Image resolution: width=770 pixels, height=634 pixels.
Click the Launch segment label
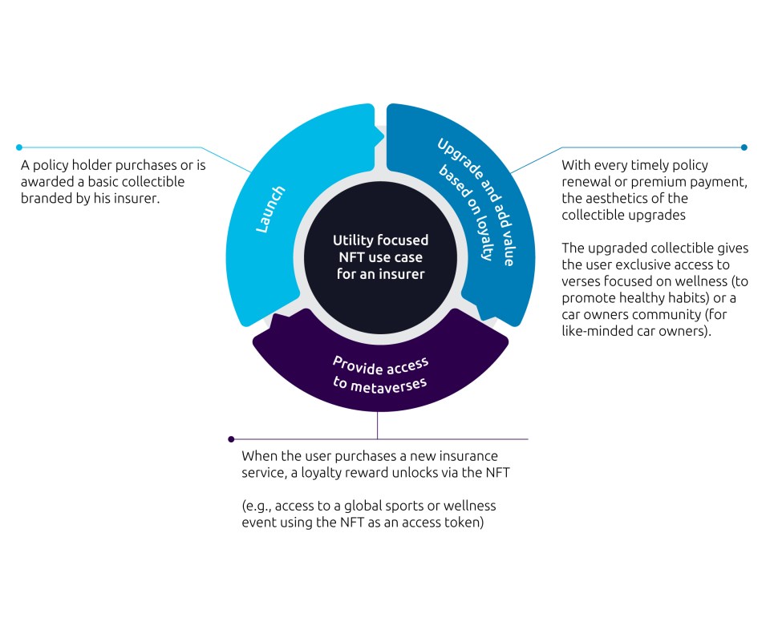pyautogui.click(x=271, y=211)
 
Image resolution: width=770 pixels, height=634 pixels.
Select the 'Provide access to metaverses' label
pyautogui.click(x=380, y=373)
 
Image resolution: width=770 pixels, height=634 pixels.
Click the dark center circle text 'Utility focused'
pyautogui.click(x=380, y=240)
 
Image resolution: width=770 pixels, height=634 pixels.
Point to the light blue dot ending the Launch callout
pyautogui.click(x=19, y=147)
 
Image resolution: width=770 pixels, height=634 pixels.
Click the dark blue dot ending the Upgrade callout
pyautogui.click(x=744, y=147)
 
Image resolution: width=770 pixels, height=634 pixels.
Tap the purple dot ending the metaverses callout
pyautogui.click(x=231, y=439)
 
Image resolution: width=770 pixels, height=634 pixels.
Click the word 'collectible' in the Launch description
pyautogui.click(x=152, y=182)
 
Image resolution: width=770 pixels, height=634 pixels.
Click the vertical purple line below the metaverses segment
pyautogui.click(x=377, y=425)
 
